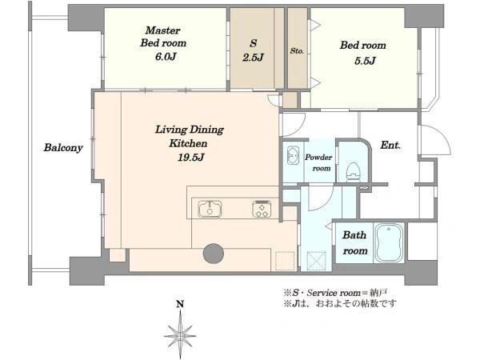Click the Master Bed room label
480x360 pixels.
163,37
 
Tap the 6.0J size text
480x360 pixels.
166,57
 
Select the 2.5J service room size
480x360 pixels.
253,58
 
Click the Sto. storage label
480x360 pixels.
297,51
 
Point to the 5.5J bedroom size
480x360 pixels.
365,61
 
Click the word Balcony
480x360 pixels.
63,148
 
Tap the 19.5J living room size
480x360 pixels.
191,158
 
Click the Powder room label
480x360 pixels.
318,162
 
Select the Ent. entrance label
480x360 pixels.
390,145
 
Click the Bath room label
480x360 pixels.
354,242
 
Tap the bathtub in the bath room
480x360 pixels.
389,242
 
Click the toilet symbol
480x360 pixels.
354,172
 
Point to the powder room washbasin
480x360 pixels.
293,155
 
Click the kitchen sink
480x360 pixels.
210,209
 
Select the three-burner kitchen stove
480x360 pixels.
262,209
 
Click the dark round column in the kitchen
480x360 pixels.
214,254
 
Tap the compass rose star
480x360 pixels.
180,334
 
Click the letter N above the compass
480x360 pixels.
180,304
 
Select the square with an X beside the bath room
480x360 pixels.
316,261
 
